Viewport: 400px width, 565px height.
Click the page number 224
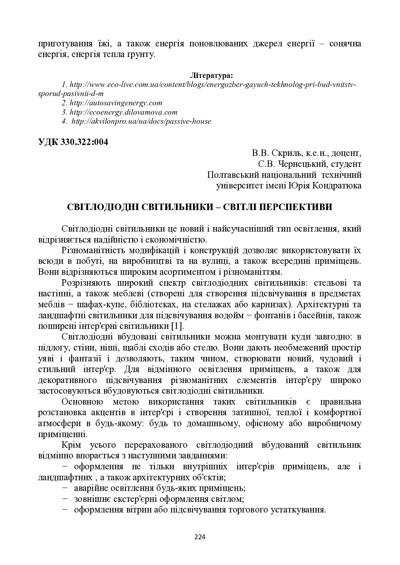pyautogui.click(x=200, y=537)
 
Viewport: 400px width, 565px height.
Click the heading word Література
pyautogui.click(x=211, y=76)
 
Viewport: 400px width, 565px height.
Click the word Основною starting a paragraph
pyautogui.click(x=82, y=402)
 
